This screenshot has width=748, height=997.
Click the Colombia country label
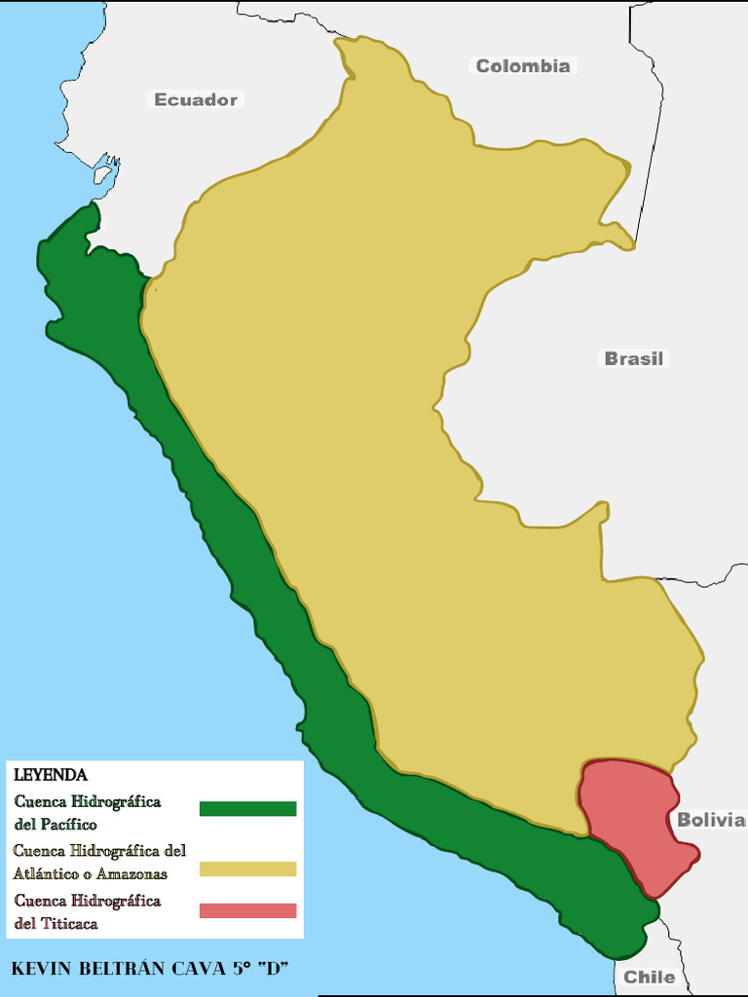[x=522, y=66]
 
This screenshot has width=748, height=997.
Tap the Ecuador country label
[x=196, y=99]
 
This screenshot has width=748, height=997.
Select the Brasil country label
[x=633, y=358]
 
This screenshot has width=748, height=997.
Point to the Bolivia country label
[x=711, y=820]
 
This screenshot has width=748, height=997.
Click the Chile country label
[x=649, y=977]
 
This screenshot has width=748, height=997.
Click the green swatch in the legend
[x=247, y=808]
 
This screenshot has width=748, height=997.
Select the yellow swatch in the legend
[x=247, y=868]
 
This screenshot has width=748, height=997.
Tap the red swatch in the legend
[x=247, y=910]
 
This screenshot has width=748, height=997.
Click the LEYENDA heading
[x=51, y=775]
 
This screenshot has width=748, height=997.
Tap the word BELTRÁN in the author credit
[x=122, y=969]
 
